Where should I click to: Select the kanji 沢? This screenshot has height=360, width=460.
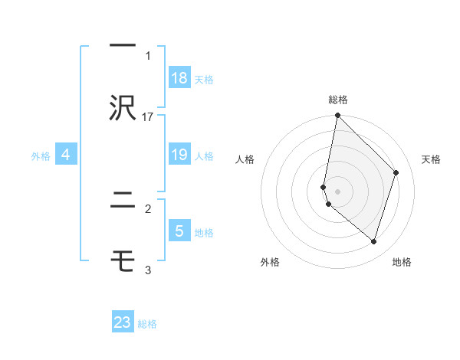[123, 108]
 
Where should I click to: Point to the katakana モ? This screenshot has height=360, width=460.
[123, 261]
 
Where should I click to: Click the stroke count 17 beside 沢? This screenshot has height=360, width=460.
[148, 116]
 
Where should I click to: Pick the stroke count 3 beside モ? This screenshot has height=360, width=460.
[148, 270]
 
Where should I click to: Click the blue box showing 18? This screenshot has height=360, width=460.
[179, 78]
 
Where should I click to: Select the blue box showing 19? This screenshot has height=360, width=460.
[179, 155]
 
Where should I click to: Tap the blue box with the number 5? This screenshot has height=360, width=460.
[179, 231]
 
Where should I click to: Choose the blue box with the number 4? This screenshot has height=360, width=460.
[66, 155]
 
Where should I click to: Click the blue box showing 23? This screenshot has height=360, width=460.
[123, 322]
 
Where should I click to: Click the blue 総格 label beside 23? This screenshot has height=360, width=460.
[147, 324]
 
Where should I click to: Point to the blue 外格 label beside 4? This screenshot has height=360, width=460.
[41, 155]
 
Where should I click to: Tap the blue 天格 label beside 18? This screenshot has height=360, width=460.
[204, 79]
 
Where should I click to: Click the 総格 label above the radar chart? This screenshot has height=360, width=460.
[338, 100]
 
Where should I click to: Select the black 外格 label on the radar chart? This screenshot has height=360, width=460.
[270, 263]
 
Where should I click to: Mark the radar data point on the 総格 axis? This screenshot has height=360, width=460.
[337, 116]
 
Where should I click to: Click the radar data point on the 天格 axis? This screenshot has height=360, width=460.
[396, 172]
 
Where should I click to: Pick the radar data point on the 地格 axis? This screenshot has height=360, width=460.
[373, 241]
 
